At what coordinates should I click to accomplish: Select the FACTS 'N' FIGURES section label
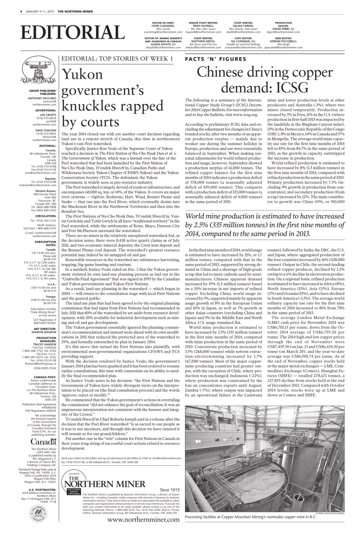215,59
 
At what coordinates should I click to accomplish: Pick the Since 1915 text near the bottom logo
169,490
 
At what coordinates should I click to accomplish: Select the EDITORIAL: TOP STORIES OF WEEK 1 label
117,59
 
